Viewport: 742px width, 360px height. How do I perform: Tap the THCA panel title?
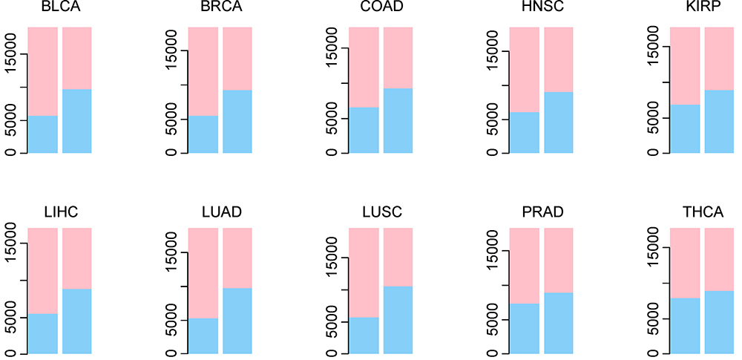click(x=702, y=213)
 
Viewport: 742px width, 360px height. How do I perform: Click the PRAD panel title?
click(x=542, y=213)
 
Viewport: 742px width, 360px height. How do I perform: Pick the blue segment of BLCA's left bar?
click(x=43, y=134)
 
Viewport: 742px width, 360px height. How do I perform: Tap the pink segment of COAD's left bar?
click(x=364, y=68)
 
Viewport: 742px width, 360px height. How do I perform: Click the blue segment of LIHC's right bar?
click(x=77, y=321)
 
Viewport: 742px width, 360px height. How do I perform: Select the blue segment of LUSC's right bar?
click(x=398, y=319)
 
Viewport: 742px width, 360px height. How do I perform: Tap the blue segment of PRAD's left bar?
click(x=525, y=328)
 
